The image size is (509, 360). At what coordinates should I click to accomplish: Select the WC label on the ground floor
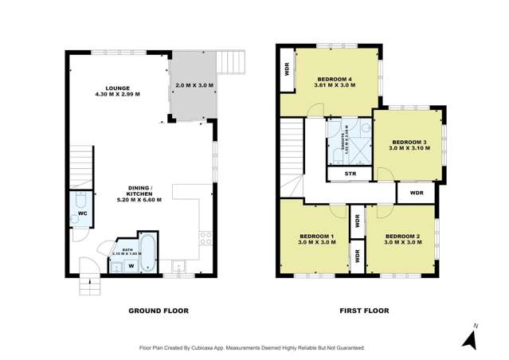point(82,214)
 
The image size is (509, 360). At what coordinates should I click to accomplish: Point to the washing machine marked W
point(131,266)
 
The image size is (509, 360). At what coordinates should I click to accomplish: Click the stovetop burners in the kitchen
point(206,237)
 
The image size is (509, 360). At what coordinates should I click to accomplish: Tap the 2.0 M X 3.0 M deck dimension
point(194,85)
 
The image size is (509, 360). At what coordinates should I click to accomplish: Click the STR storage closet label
point(350,174)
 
